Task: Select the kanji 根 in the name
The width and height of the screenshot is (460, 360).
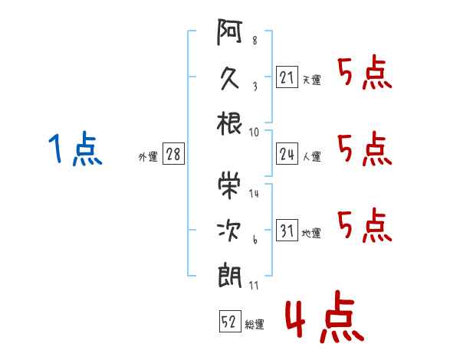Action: tap(229, 124)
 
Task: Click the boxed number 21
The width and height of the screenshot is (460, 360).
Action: tap(287, 77)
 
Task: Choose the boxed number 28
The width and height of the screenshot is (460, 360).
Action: tap(173, 155)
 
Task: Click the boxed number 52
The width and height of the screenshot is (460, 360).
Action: tap(229, 322)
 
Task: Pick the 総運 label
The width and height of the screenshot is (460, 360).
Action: tap(255, 325)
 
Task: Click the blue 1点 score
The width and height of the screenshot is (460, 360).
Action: tap(75, 149)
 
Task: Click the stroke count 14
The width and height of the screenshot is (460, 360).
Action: tap(255, 194)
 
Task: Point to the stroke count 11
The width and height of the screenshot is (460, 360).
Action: tap(254, 286)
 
